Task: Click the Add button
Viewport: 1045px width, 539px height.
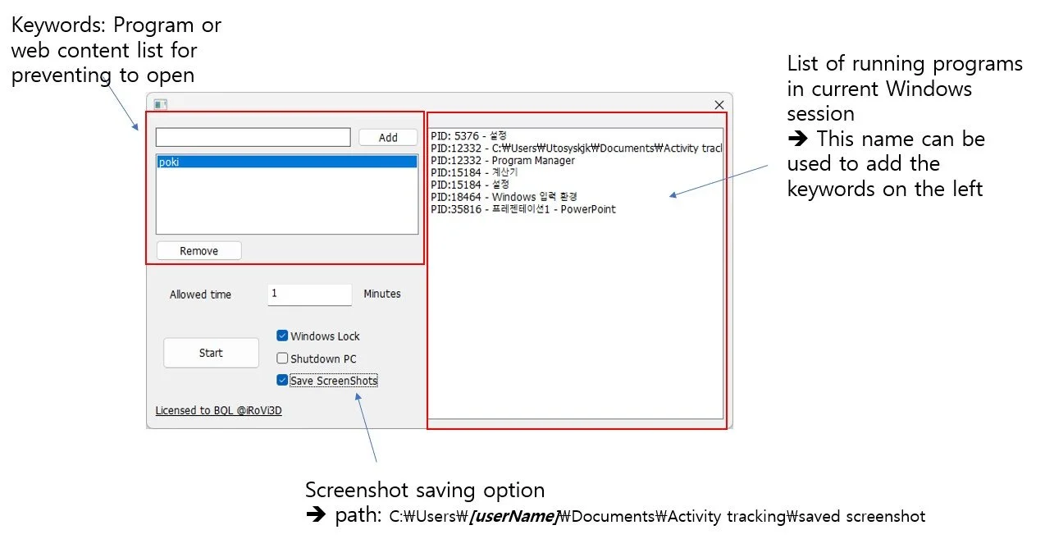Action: (x=388, y=138)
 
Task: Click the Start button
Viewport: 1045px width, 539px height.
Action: (x=211, y=353)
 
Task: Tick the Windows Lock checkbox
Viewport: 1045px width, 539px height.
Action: (x=282, y=336)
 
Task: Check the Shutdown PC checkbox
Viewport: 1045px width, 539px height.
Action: (x=282, y=359)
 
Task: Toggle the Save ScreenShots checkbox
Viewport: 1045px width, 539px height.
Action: (x=282, y=381)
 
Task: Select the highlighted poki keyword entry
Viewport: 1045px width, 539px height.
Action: (x=286, y=162)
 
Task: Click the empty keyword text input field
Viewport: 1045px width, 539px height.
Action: (x=253, y=137)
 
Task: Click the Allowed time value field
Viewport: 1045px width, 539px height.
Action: (x=309, y=294)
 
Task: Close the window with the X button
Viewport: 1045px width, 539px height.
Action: (x=719, y=104)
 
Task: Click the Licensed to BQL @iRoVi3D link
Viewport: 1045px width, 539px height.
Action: (x=218, y=410)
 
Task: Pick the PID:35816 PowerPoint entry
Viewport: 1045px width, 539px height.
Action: (x=523, y=209)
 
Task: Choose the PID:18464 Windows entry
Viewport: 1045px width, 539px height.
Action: (x=504, y=197)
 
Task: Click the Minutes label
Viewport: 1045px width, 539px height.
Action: (x=382, y=294)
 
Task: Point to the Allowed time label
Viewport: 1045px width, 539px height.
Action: (x=200, y=295)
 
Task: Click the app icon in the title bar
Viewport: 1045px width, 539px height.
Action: (x=161, y=104)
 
